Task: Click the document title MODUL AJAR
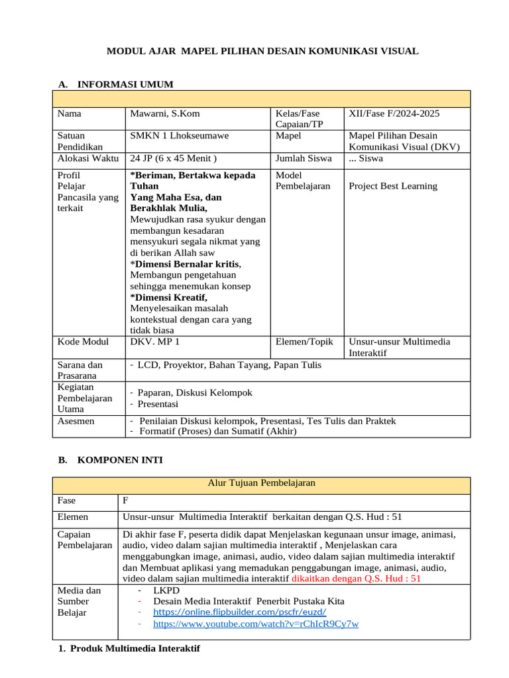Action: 262,51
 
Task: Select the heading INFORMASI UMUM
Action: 125,84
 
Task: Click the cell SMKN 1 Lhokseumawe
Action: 180,136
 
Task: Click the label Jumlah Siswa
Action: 304,158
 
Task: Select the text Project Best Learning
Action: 393,186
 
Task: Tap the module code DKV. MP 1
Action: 155,342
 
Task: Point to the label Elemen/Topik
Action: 304,342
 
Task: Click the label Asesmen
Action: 76,420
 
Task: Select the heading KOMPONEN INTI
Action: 120,460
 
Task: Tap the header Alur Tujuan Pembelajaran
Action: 261,483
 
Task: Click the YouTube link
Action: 256,624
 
